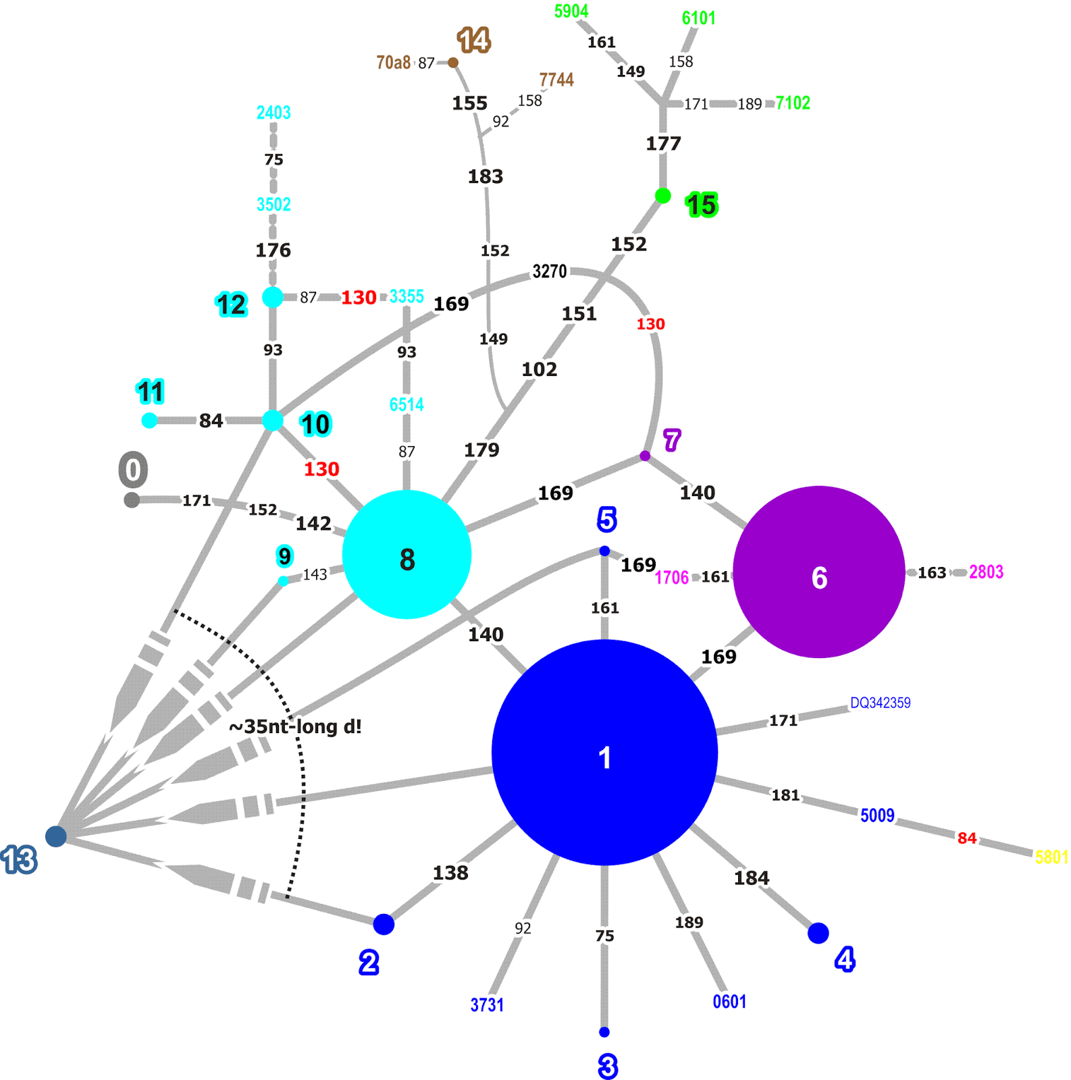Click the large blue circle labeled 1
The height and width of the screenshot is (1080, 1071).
[x=604, y=753]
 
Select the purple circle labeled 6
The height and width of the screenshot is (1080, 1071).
[x=818, y=572]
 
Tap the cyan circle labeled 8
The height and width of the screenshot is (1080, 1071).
[x=407, y=555]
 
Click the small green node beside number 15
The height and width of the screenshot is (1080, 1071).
[x=663, y=196]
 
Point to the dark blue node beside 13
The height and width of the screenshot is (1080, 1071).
[x=56, y=836]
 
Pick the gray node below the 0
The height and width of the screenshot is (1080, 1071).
[x=132, y=500]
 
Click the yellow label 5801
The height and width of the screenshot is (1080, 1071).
[x=1051, y=857]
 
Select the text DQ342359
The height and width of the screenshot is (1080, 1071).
[x=880, y=703]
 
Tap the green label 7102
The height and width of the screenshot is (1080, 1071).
[x=793, y=103]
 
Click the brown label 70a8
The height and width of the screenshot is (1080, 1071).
[x=393, y=63]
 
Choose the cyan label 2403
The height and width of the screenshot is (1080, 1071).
[x=273, y=112]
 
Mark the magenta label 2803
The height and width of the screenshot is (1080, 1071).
[x=986, y=572]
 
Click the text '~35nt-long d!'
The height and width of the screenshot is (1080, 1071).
[x=295, y=726]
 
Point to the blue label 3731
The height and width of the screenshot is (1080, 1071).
[x=487, y=1004]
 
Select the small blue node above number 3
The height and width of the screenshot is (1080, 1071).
[x=604, y=1032]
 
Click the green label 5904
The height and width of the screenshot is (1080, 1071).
[x=571, y=11]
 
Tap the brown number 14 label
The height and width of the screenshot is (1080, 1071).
[x=473, y=40]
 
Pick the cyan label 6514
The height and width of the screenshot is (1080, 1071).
[x=407, y=404]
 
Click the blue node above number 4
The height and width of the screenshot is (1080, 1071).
[x=818, y=933]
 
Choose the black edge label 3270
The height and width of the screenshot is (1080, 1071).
[x=550, y=271]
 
